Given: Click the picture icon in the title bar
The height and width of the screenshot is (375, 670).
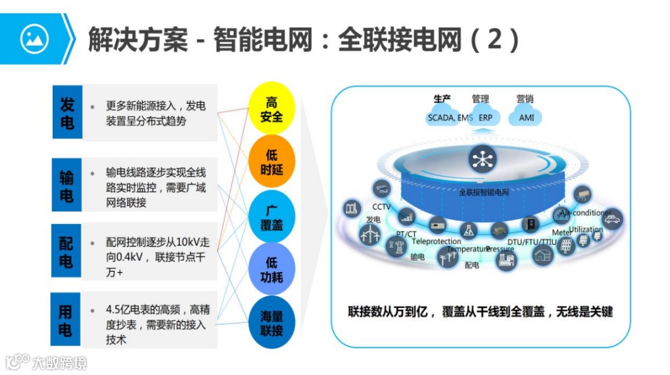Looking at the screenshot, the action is click(34, 39).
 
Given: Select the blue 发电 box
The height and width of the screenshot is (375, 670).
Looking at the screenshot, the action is click(67, 112).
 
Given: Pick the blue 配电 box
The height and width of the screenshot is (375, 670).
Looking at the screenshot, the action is click(66, 251).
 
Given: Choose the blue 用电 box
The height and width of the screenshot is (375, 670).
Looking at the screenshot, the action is click(66, 320).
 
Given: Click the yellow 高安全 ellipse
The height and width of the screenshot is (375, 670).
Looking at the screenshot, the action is click(271, 109).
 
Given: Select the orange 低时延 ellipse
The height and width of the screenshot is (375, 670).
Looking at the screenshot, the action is click(271, 162).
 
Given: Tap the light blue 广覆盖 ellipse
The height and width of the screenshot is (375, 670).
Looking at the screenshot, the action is click(271, 217).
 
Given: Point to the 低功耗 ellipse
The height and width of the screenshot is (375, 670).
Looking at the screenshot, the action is click(271, 269).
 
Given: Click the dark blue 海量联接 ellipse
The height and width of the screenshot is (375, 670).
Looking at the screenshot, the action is click(271, 323).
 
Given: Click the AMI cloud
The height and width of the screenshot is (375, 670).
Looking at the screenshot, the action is click(526, 117).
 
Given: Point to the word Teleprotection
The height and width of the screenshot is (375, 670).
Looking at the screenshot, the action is click(436, 241).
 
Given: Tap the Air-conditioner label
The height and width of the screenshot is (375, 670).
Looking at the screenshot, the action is click(585, 213).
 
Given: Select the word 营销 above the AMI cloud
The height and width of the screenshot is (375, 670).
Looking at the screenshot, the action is click(525, 99).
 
